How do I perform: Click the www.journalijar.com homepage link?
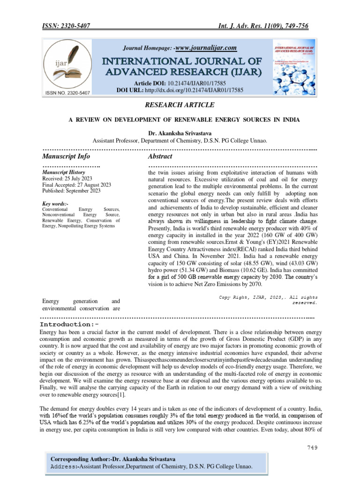pos(206,48)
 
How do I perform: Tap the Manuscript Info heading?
pos(66,156)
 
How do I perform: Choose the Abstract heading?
pos(160,156)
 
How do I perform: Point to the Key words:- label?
pos(55,204)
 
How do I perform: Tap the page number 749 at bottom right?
pos(312,447)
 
